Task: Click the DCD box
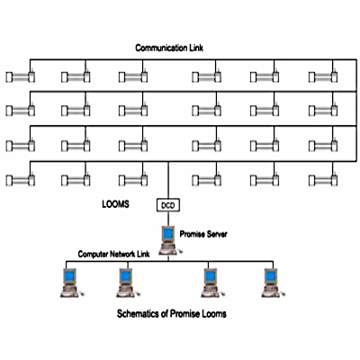168,205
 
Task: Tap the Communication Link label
169,48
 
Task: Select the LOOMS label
115,204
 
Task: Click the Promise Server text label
203,234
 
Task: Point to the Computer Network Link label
113,254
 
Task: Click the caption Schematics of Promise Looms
172,314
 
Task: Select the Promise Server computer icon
170,240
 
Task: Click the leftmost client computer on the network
71,283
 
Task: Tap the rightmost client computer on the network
273,283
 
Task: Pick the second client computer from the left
128,283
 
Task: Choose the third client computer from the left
212,283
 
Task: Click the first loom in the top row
21,76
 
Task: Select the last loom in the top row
323,76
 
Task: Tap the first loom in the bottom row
21,179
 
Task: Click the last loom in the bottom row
323,179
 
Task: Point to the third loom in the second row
133,110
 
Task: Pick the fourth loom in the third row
207,145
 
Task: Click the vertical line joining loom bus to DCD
168,181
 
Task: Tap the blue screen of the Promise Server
168,233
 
